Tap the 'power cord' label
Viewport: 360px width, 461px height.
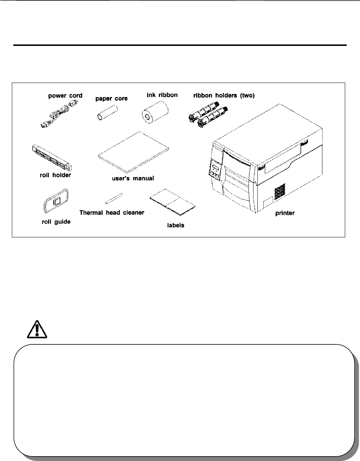(x=65, y=96)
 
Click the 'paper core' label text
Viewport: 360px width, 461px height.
(x=111, y=98)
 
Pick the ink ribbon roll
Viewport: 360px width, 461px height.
(x=155, y=112)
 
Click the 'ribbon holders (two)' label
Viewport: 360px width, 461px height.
(x=224, y=95)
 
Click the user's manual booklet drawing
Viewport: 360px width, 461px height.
(x=133, y=152)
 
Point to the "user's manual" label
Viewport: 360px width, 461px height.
(x=133, y=178)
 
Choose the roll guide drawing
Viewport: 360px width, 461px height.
(x=55, y=203)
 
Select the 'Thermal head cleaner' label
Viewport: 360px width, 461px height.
(x=112, y=213)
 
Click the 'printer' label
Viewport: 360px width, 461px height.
(x=285, y=214)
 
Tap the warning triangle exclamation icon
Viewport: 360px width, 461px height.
(x=37, y=327)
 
